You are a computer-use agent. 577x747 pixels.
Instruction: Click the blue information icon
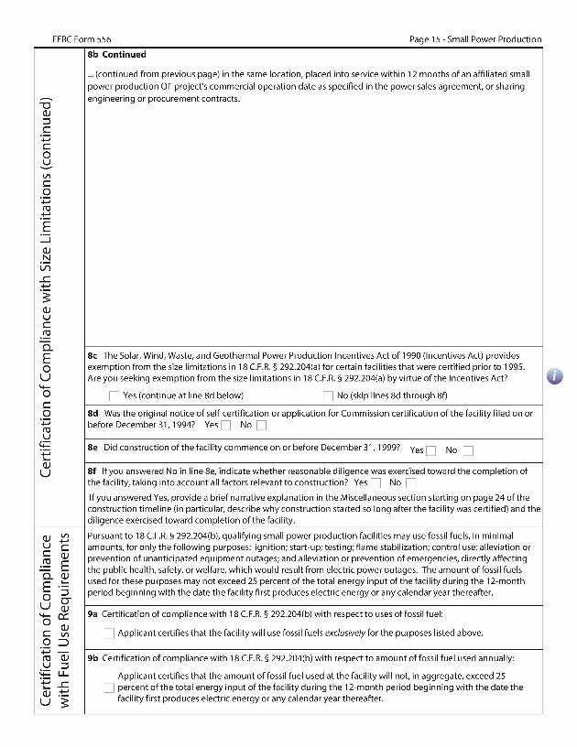(555, 376)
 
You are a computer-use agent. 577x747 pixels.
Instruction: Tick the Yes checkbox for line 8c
(114, 395)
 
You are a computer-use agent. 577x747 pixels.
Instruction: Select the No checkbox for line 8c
(328, 395)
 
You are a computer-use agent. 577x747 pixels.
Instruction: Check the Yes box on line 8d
(225, 425)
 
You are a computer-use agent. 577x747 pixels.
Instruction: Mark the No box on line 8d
(261, 425)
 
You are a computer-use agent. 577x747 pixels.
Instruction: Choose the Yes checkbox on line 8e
(430, 450)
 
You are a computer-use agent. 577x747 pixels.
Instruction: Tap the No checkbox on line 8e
(468, 450)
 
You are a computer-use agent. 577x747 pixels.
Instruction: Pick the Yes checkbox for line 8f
(376, 482)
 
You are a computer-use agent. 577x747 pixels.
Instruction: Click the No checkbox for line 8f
(410, 482)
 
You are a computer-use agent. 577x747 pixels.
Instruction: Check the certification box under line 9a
(109, 633)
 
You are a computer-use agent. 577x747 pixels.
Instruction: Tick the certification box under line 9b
(109, 687)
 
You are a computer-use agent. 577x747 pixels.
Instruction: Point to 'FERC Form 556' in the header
(82, 39)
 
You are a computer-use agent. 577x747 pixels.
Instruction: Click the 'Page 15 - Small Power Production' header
(475, 39)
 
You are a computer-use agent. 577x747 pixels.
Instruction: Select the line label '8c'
(93, 355)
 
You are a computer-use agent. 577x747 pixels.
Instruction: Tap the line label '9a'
(93, 613)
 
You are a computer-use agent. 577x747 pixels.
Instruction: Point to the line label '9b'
(93, 657)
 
